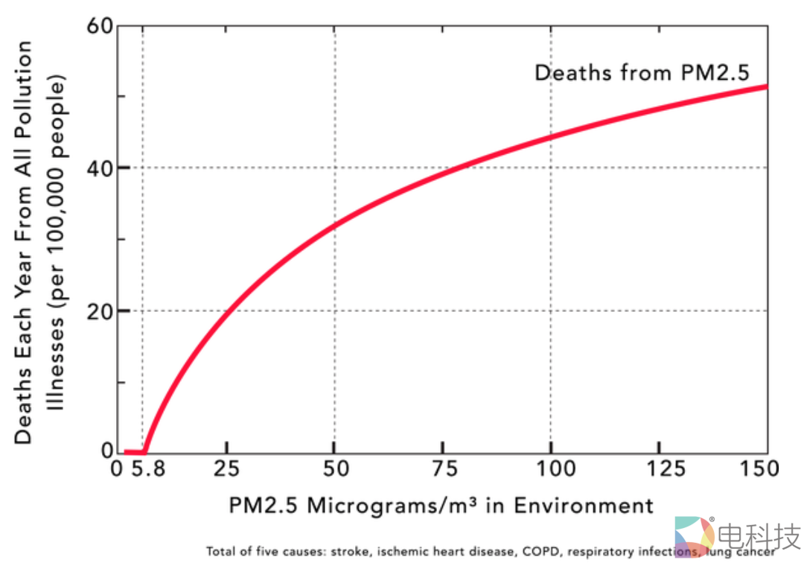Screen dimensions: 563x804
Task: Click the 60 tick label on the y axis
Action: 102,27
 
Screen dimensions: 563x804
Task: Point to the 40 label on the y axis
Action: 102,168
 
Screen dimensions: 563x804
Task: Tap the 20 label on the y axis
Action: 102,311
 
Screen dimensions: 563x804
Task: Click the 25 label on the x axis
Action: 228,469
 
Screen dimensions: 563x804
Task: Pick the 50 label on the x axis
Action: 334,469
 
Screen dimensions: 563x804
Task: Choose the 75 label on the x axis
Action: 442,469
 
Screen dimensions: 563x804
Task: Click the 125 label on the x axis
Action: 658,469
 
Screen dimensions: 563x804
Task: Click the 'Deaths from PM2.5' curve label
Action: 641,73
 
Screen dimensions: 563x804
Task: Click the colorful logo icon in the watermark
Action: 694,535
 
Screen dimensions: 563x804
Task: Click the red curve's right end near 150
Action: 765,87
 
